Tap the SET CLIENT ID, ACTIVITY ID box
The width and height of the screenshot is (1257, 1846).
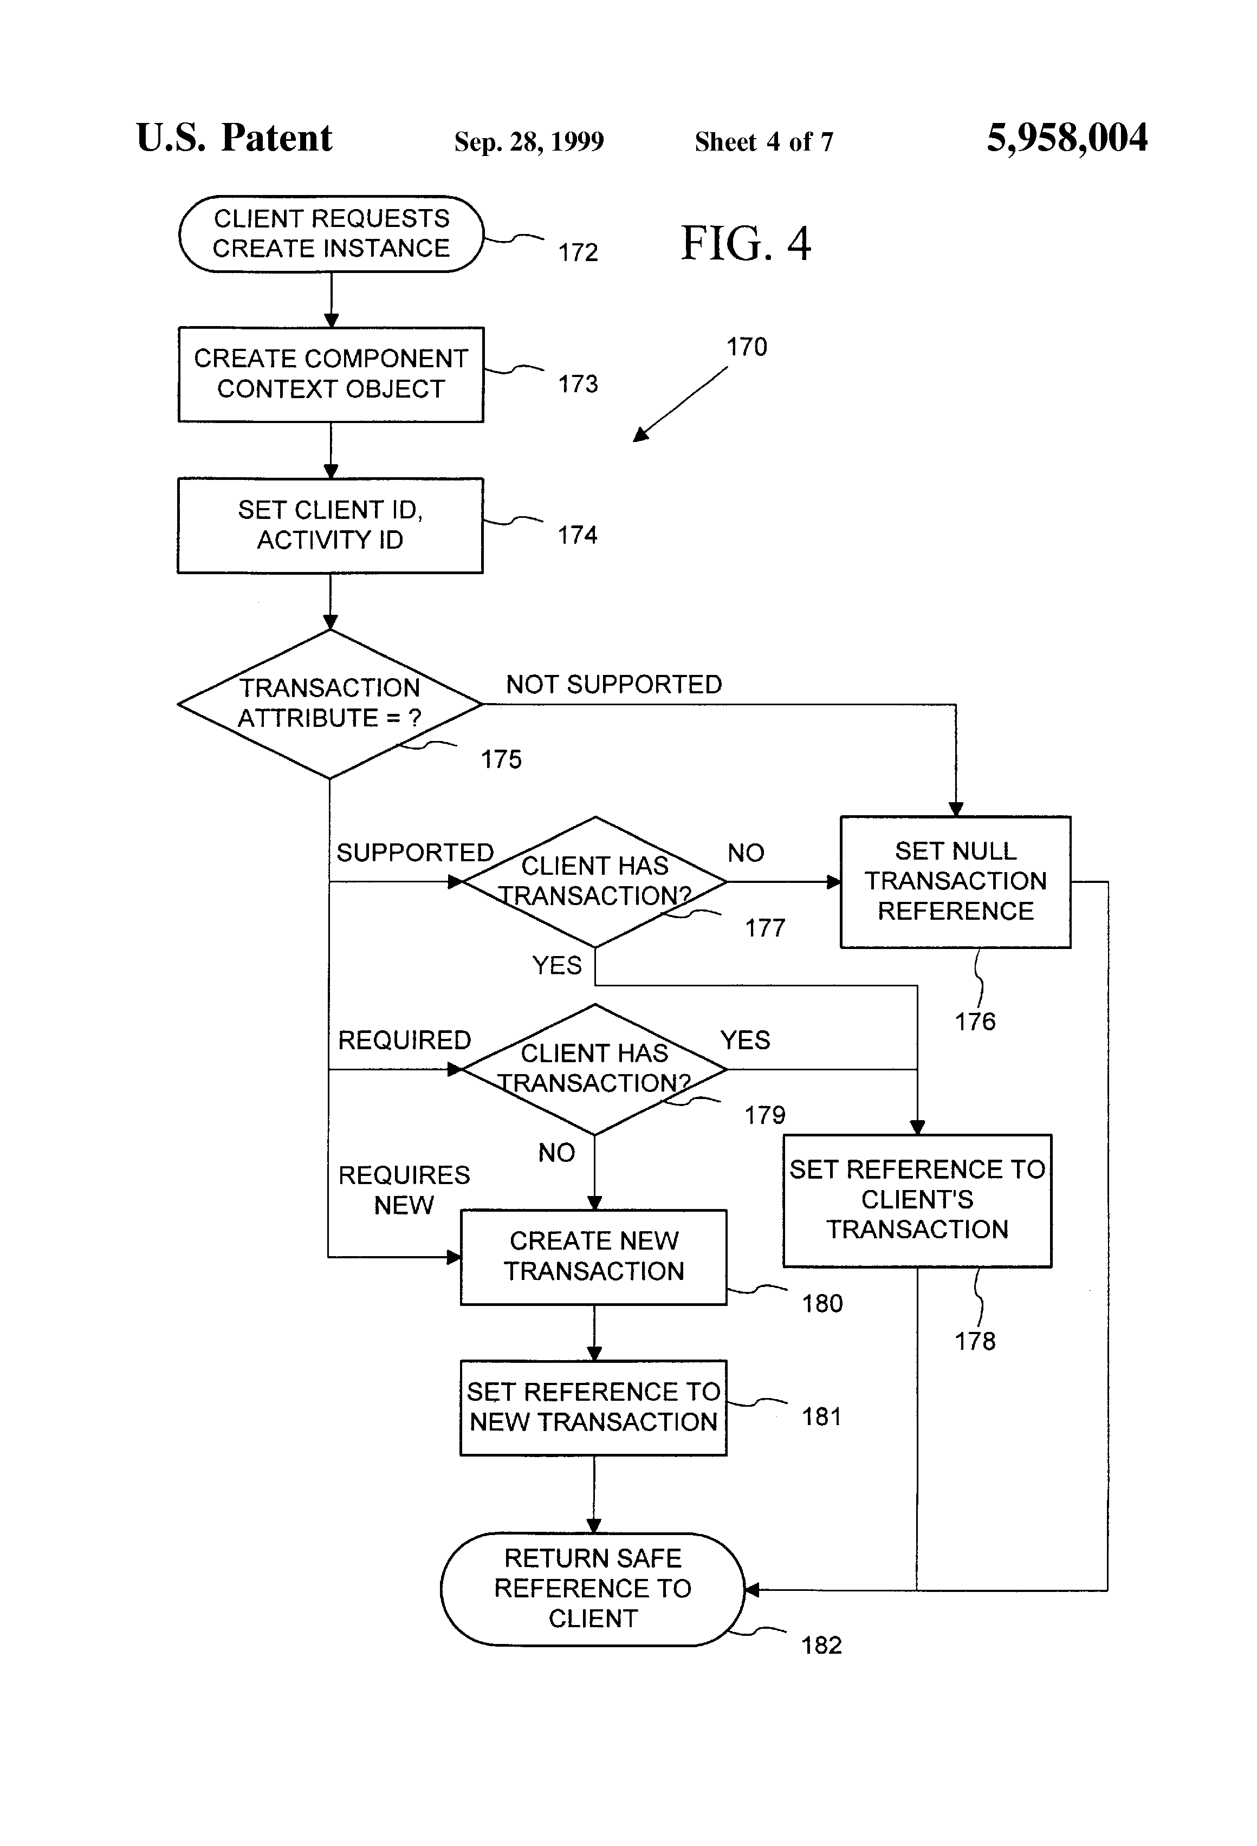point(330,525)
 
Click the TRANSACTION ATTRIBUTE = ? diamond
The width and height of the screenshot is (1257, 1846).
point(330,704)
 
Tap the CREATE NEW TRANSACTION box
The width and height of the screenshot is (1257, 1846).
point(593,1257)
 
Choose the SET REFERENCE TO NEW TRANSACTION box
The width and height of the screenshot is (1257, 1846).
point(593,1408)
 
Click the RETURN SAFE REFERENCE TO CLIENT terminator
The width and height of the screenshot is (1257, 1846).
point(593,1589)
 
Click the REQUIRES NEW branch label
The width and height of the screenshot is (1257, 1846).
point(404,1190)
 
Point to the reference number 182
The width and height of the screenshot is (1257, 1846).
point(821,1646)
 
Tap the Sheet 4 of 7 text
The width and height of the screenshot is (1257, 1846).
point(763,142)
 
